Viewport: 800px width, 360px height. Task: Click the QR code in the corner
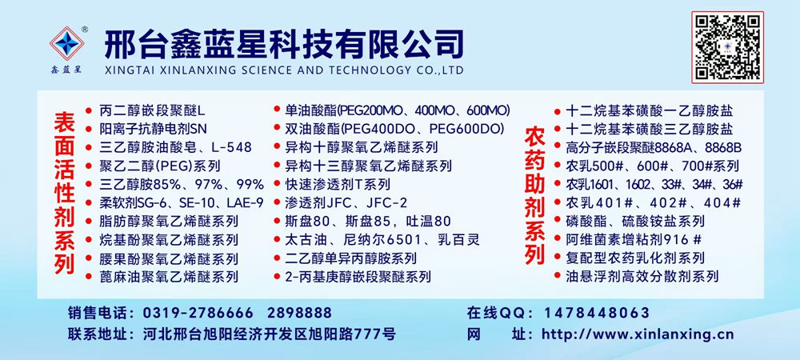click(x=727, y=47)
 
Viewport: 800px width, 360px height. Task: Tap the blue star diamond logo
click(x=67, y=43)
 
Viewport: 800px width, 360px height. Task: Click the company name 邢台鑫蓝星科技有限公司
click(x=284, y=44)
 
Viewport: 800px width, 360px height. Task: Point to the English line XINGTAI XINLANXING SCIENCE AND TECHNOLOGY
click(x=284, y=70)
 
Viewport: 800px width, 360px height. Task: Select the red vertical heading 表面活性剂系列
click(x=65, y=193)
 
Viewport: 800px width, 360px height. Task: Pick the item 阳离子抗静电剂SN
click(x=153, y=129)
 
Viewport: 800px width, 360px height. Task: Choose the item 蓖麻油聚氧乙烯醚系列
click(x=169, y=276)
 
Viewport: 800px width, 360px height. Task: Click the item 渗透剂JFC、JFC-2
click(x=346, y=202)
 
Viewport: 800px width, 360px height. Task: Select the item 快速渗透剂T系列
click(x=338, y=184)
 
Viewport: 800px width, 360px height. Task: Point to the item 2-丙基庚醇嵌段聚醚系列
click(x=358, y=276)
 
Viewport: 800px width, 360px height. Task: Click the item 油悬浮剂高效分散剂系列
click(x=642, y=276)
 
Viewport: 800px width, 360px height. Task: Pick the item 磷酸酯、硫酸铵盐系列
click(x=635, y=221)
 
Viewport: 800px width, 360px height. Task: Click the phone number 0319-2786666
click(x=198, y=313)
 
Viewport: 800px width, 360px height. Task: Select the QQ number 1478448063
click(x=598, y=313)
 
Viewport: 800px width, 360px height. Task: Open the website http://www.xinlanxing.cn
click(x=638, y=334)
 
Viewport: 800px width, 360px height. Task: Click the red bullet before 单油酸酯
click(x=277, y=109)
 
